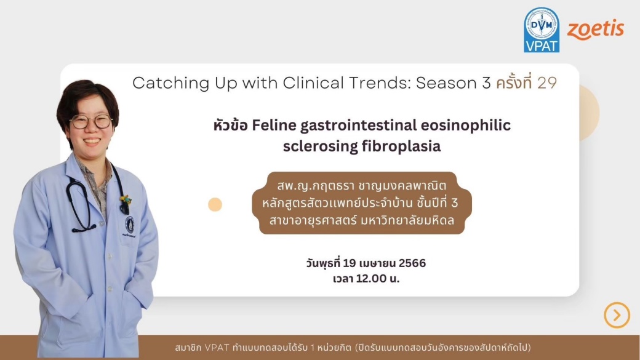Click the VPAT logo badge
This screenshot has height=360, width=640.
click(x=542, y=30)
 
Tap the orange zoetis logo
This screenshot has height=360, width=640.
click(x=596, y=30)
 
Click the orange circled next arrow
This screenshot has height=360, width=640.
click(x=617, y=315)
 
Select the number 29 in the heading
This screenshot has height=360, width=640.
click(x=547, y=83)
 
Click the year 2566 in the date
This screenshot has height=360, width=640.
click(x=412, y=263)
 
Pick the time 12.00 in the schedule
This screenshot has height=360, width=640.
click(x=371, y=278)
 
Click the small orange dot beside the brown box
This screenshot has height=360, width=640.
click(x=215, y=204)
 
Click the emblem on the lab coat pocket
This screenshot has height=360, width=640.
click(x=130, y=226)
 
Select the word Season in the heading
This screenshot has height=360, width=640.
click(x=447, y=83)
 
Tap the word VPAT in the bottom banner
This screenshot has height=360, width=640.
click(x=217, y=348)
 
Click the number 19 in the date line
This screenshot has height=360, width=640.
click(x=350, y=263)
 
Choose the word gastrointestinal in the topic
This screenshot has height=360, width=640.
click(x=359, y=126)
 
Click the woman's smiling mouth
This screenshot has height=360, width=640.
click(x=92, y=141)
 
